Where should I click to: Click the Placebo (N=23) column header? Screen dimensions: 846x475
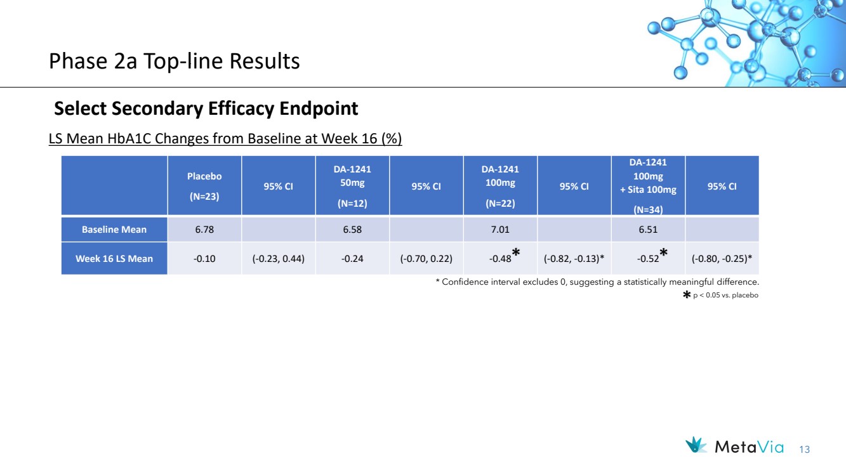point(204,186)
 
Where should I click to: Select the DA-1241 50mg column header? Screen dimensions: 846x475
point(352,186)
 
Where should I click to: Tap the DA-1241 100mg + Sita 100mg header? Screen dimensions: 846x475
point(648,186)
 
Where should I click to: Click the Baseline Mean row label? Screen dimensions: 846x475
point(114,230)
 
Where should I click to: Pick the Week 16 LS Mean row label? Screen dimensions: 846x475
point(114,259)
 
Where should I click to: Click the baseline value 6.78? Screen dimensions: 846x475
point(204,230)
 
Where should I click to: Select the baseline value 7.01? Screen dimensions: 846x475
point(500,230)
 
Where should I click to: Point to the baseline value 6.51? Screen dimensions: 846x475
point(648,230)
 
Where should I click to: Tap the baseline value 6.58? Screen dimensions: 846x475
point(352,230)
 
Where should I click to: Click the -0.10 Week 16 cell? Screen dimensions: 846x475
point(204,259)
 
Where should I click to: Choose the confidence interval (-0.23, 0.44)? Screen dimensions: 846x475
point(279,259)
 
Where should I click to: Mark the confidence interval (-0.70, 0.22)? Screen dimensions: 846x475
point(426,259)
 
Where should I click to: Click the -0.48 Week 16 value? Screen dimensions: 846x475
point(500,259)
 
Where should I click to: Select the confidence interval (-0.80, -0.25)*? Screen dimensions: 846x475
point(722,259)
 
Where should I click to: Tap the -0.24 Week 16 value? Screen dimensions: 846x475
point(352,259)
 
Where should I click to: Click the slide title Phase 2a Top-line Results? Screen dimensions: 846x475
point(175,61)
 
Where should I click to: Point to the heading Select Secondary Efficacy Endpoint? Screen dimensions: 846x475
point(206,108)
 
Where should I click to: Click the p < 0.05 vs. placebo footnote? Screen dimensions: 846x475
point(725,295)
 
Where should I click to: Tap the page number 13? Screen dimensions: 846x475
point(805,450)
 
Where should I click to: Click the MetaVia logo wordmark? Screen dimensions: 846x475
point(750,448)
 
